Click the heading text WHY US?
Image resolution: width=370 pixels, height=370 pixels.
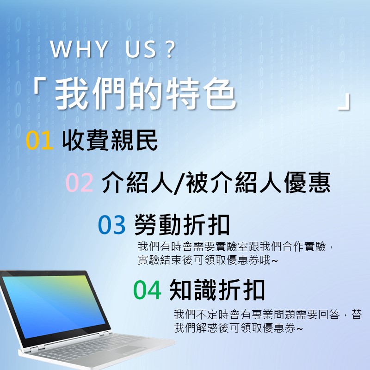point(113,50)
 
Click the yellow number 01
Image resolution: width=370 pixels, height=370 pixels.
point(40,141)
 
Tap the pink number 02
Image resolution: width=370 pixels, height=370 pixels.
point(80,183)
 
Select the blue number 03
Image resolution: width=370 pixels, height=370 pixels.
point(112,225)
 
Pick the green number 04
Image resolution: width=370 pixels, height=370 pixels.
point(147,290)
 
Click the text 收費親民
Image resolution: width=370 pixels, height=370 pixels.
point(110,141)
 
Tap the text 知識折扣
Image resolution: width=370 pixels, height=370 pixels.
point(217,290)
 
